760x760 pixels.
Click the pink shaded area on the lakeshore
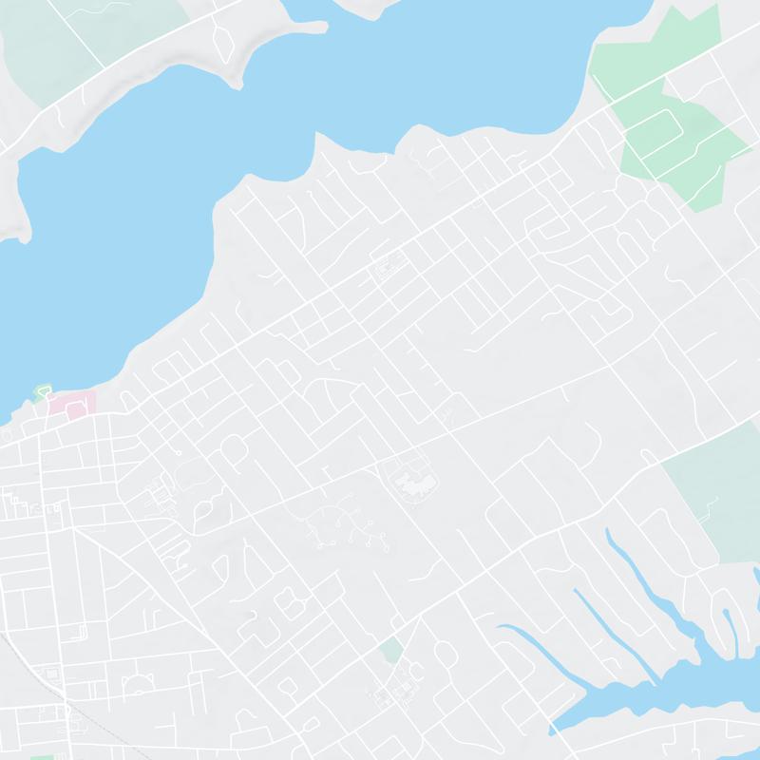coord(78,403)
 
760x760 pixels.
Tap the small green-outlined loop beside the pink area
coord(42,390)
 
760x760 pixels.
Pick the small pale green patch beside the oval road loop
coord(389,651)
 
